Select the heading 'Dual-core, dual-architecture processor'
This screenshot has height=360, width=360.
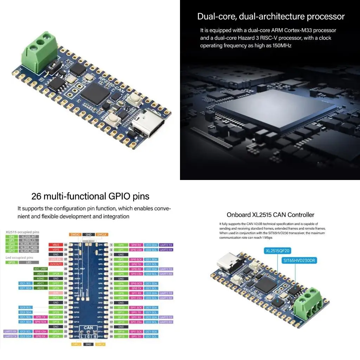click(x=271, y=17)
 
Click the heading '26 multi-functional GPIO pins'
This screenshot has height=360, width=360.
click(x=90, y=196)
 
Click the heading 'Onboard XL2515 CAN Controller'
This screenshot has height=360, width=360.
click(x=270, y=215)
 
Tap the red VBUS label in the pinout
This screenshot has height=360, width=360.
click(x=56, y=245)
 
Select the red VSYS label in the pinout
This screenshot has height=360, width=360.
click(x=56, y=250)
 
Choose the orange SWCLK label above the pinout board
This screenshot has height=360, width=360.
click(x=102, y=234)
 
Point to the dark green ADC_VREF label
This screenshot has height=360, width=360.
click(x=41, y=269)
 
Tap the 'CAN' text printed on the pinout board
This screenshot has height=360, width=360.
click(x=88, y=328)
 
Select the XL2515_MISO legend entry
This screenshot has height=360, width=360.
click(x=29, y=251)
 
